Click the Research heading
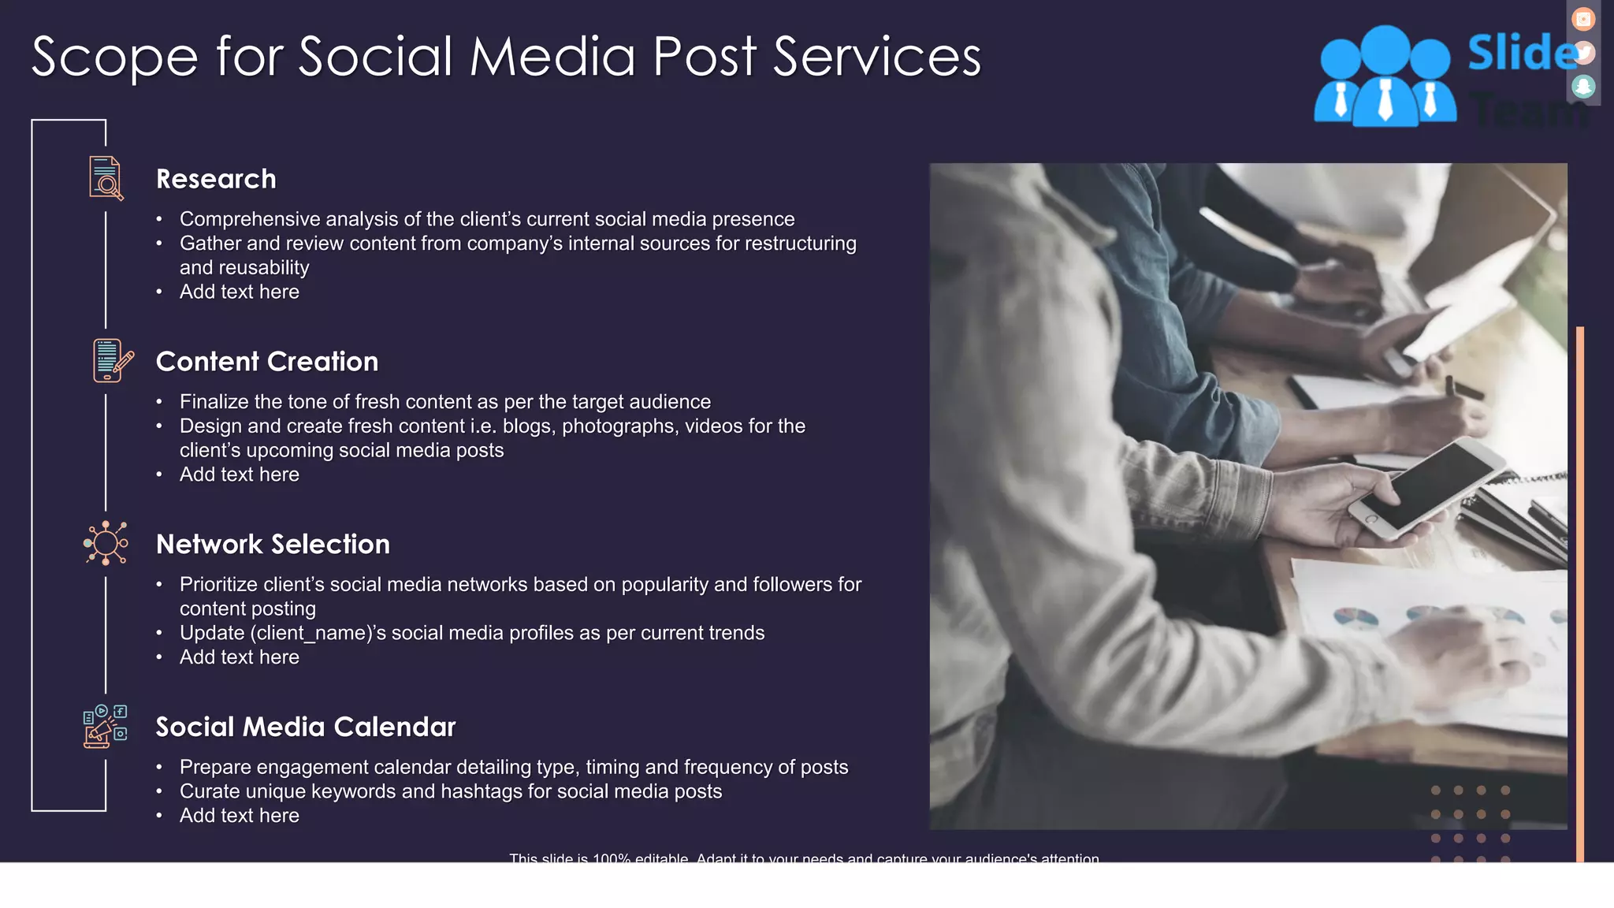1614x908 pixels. click(216, 179)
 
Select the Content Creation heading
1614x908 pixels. click(267, 362)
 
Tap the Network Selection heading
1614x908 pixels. click(273, 545)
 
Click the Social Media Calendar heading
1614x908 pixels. click(306, 727)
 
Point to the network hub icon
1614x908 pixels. click(106, 543)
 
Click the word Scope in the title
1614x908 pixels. click(114, 57)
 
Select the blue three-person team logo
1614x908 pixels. click(1385, 77)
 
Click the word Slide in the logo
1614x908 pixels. click(1521, 53)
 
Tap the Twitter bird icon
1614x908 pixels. click(1583, 53)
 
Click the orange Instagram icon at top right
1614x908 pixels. click(1583, 19)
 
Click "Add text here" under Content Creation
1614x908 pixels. click(240, 474)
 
